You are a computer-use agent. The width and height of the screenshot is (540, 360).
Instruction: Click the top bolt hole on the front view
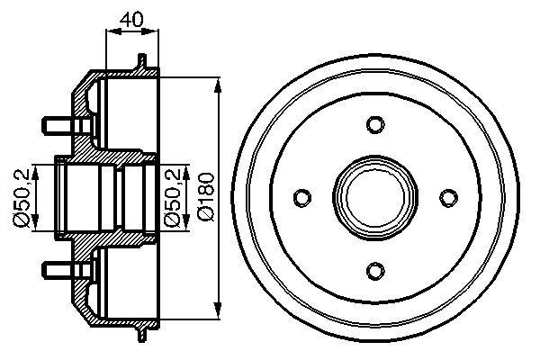[x=375, y=124]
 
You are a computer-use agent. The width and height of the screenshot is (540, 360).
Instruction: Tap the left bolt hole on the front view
[x=303, y=196]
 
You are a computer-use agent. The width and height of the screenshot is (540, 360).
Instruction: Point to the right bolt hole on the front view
[x=446, y=196]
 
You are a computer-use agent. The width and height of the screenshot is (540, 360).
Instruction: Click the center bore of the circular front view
[x=375, y=196]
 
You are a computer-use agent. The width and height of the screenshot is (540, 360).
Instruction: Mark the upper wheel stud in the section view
[x=55, y=121]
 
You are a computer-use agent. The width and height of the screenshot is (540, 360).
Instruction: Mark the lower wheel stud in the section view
[x=55, y=269]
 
